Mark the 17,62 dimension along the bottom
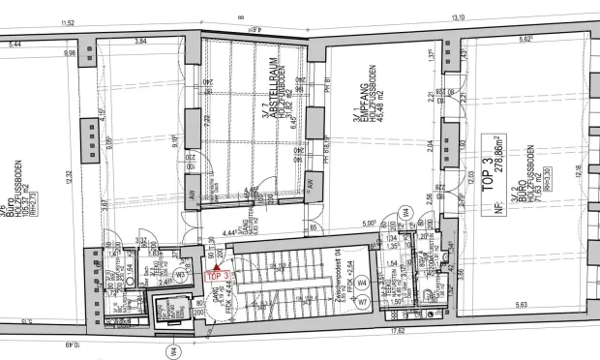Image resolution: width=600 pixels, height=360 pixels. point(399,329)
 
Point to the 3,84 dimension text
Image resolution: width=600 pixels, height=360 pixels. point(141,42)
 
